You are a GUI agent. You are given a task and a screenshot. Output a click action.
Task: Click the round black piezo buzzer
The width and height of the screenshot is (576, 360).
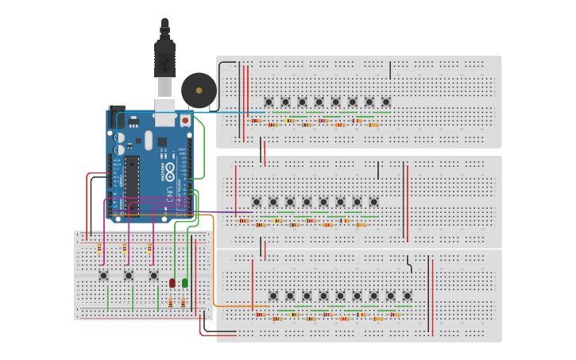pyautogui.click(x=199, y=90)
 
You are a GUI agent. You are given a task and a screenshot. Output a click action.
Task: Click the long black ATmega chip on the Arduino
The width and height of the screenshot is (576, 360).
pyautogui.click(x=132, y=184)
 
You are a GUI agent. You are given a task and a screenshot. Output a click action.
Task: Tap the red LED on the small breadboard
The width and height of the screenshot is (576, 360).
pyautogui.click(x=172, y=283)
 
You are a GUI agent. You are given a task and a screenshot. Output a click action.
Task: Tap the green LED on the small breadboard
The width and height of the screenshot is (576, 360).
pyautogui.click(x=185, y=282)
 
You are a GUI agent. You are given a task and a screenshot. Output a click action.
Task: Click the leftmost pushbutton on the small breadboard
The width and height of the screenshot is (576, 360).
pyautogui.click(x=103, y=276)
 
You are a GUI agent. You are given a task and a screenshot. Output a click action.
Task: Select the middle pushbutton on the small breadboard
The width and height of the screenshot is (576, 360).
pyautogui.click(x=129, y=276)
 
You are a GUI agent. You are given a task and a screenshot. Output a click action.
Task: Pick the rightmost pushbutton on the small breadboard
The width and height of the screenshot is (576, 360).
pyautogui.click(x=154, y=276)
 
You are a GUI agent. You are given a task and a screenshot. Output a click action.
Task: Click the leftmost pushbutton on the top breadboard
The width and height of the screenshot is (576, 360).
pyautogui.click(x=269, y=102)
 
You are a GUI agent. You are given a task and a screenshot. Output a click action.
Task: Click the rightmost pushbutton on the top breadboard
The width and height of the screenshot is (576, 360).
pyautogui.click(x=386, y=102)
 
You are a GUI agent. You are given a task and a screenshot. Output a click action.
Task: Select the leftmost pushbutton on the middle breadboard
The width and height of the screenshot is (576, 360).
pyautogui.click(x=257, y=202)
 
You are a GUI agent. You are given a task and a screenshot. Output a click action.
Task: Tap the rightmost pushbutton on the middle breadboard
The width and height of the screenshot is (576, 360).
pyautogui.click(x=373, y=202)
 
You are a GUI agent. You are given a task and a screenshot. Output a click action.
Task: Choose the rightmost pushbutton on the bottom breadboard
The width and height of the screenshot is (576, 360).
pyautogui.click(x=408, y=296)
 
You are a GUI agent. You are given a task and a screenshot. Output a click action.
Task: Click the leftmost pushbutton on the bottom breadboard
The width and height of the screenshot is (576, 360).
pyautogui.click(x=273, y=296)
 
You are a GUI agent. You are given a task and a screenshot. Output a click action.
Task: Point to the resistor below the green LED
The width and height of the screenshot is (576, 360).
pyautogui.click(x=184, y=303)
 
